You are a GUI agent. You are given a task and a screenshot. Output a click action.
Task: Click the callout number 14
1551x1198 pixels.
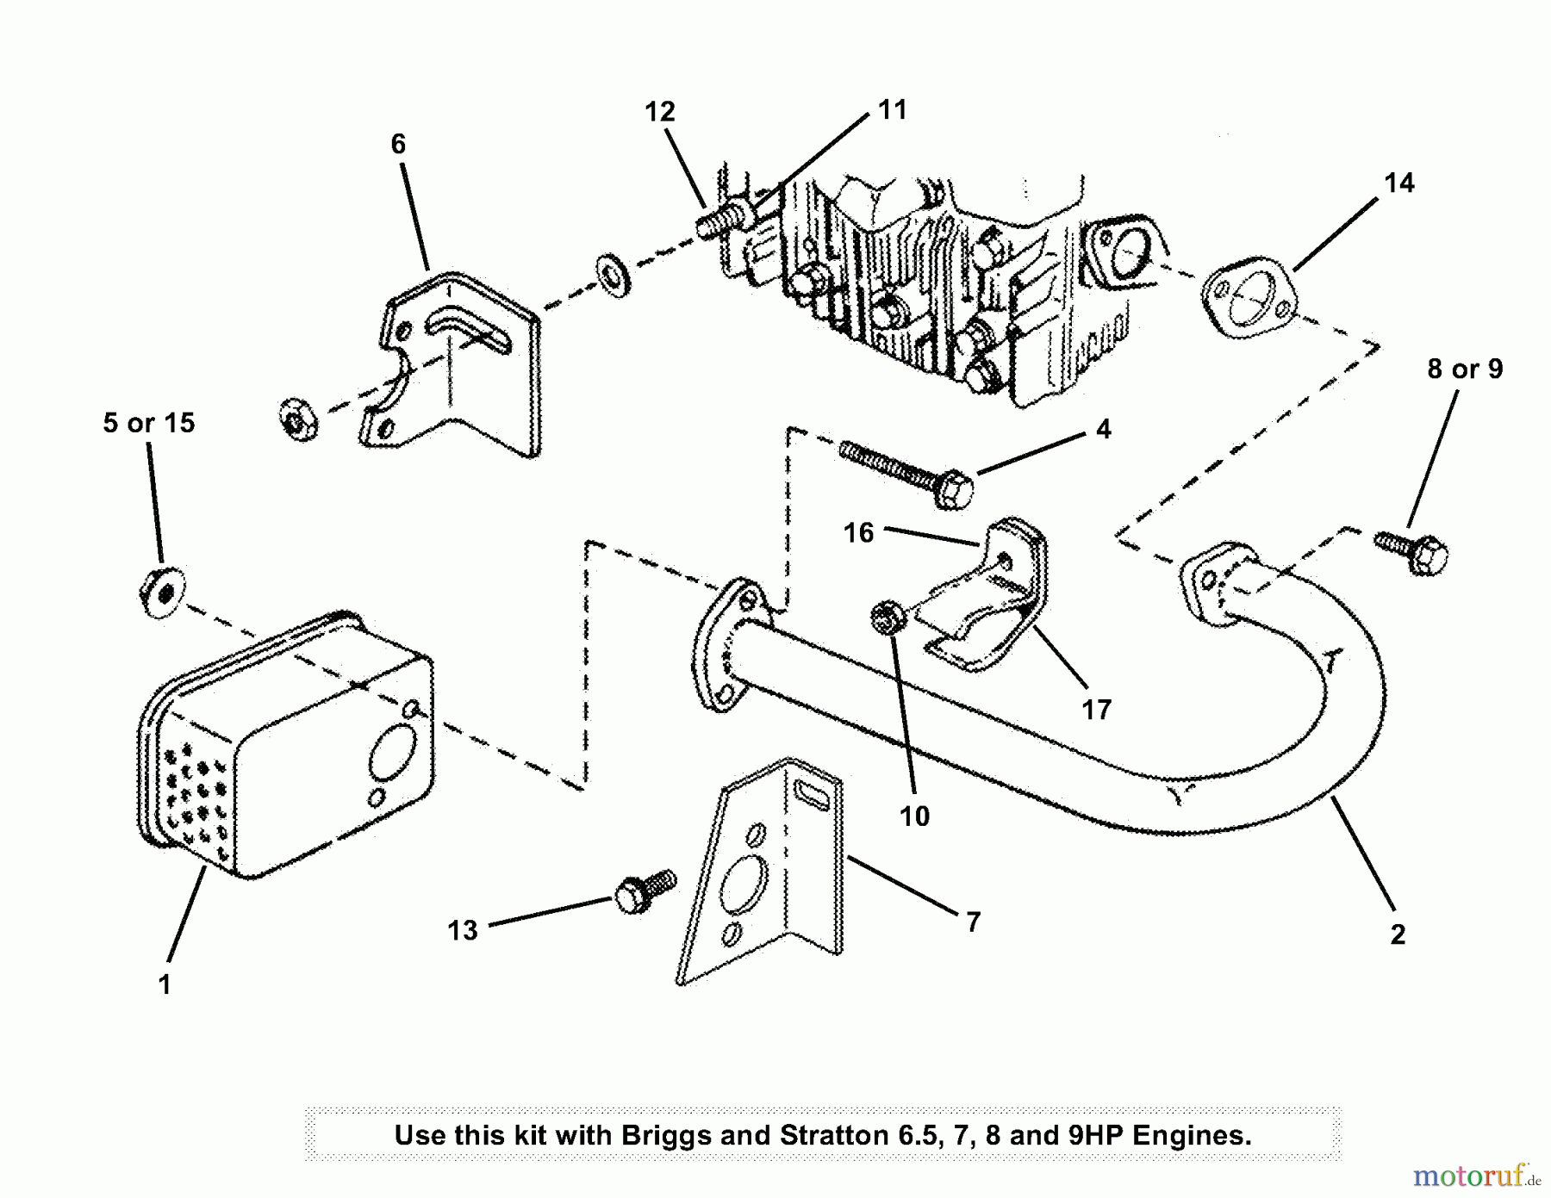pyautogui.click(x=1398, y=183)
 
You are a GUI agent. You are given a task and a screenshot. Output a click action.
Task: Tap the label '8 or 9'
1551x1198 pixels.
pyautogui.click(x=1464, y=369)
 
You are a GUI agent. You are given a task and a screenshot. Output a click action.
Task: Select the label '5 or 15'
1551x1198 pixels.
pyautogui.click(x=149, y=423)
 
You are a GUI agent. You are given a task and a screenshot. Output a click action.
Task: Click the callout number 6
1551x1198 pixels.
pyautogui.click(x=397, y=144)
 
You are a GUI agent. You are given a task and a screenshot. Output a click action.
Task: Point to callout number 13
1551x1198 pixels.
pyautogui.click(x=462, y=930)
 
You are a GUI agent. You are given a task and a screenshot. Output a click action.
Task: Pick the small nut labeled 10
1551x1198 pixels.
pyautogui.click(x=886, y=618)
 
